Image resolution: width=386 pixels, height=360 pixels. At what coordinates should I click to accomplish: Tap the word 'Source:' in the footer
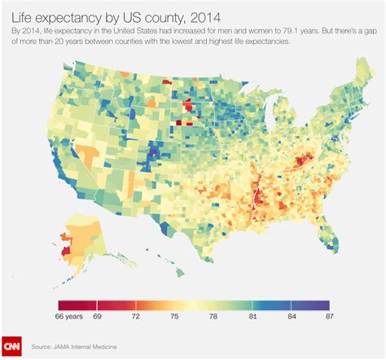pos(44,345)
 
